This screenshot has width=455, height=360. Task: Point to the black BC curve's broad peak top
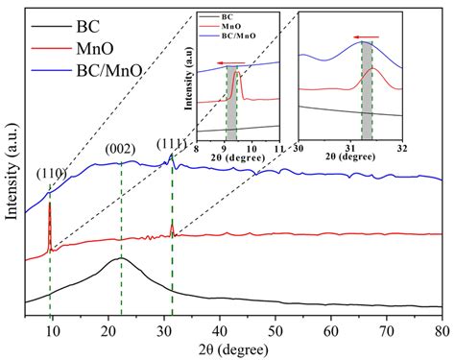click(x=119, y=259)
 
